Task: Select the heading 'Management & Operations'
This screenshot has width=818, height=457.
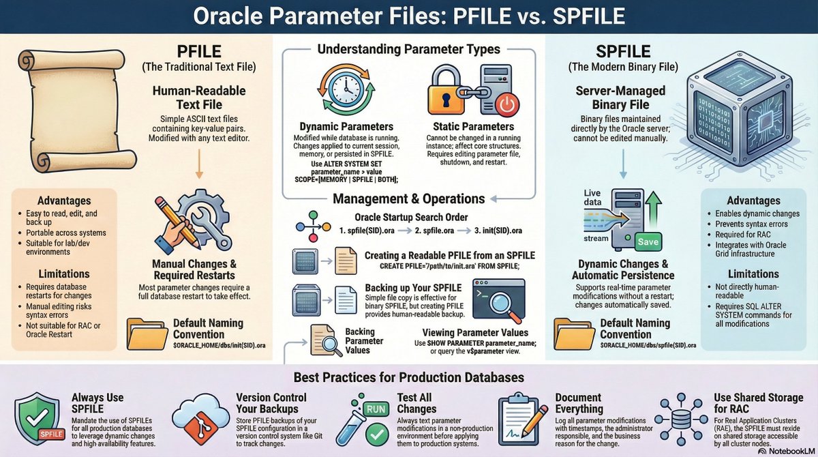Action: pos(408,198)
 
